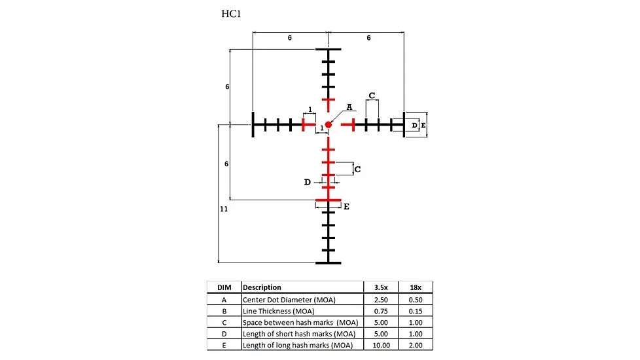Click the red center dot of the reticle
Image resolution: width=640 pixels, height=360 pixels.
point(328,124)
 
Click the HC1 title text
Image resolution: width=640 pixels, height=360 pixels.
point(231,14)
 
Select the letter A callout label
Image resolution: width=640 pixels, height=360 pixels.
point(349,107)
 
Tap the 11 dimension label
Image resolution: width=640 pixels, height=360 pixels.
point(224,209)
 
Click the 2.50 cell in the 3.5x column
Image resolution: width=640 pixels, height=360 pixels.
point(381,300)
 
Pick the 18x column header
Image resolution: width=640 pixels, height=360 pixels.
point(416,287)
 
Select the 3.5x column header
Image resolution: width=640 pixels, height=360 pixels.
point(381,287)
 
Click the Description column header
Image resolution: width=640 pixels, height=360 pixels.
point(262,287)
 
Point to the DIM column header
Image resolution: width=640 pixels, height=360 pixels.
point(224,287)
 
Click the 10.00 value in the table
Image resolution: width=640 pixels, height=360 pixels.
point(382,346)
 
